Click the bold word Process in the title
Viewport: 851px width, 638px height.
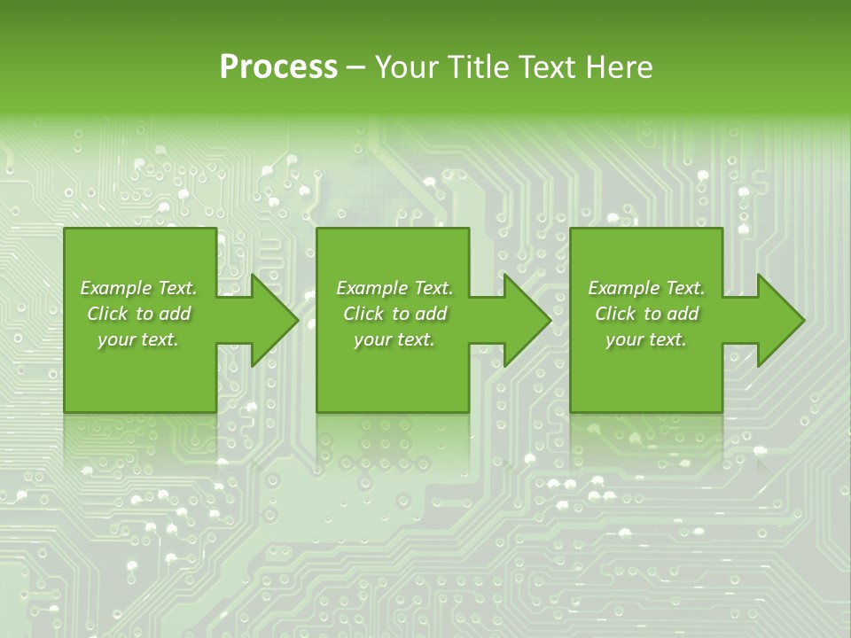(x=278, y=67)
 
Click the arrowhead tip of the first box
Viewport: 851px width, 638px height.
(x=297, y=320)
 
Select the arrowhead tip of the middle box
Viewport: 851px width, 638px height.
(x=550, y=320)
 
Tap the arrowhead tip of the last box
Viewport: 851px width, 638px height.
(x=802, y=320)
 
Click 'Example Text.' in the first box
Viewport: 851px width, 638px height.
(x=138, y=288)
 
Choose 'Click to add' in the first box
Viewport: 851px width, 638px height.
(x=138, y=314)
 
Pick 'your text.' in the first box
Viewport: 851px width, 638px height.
(x=138, y=339)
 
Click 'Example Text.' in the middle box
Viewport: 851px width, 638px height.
(x=394, y=288)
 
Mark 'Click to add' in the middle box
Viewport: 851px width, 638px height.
(x=394, y=314)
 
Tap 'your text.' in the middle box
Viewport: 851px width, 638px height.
(x=394, y=339)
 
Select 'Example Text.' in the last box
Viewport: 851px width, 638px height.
(x=646, y=288)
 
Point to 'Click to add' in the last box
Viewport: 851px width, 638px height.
(x=646, y=314)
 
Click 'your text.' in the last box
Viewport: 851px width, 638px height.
(x=646, y=339)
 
